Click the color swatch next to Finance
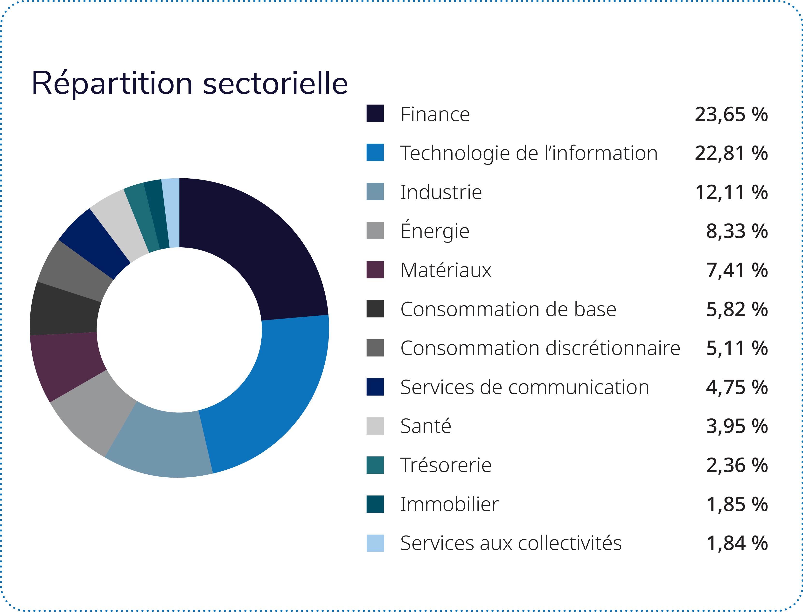pos(375,113)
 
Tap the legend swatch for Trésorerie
pos(375,465)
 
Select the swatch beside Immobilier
pos(375,504)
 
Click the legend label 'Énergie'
pos(435,231)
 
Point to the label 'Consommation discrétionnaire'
pos(540,348)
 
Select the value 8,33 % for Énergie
pos(737,231)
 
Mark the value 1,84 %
pos(737,543)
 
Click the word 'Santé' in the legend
pos(426,426)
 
